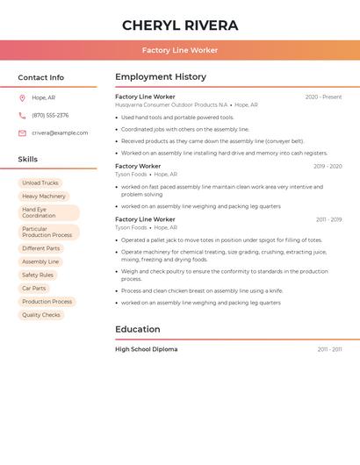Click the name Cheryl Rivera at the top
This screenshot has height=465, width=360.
pos(180,25)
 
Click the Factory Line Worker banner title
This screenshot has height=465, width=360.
pos(180,51)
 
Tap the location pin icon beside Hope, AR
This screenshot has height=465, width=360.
pos(22,98)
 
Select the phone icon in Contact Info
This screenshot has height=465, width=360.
pos(22,115)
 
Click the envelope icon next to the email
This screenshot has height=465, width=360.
pos(22,133)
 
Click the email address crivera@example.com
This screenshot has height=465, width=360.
pos(60,133)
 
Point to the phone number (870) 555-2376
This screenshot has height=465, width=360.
pos(50,115)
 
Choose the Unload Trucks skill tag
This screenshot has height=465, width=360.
pos(40,183)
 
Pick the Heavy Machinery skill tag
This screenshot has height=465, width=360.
pos(44,197)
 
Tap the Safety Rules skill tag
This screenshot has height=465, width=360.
pos(38,275)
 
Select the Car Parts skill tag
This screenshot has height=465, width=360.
pos(34,289)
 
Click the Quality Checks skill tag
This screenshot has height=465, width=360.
pos(41,315)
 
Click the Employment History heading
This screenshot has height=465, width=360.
pos(161,77)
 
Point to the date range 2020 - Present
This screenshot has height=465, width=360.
pos(323,97)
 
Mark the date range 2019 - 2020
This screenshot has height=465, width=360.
pos(328,167)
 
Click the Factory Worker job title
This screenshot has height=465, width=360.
pos(138,166)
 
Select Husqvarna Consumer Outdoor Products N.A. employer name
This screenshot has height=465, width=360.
pos(171,105)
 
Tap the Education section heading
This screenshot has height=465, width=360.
pos(138,330)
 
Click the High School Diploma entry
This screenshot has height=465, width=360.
pos(146,349)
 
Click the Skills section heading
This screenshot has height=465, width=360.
pos(28,160)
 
